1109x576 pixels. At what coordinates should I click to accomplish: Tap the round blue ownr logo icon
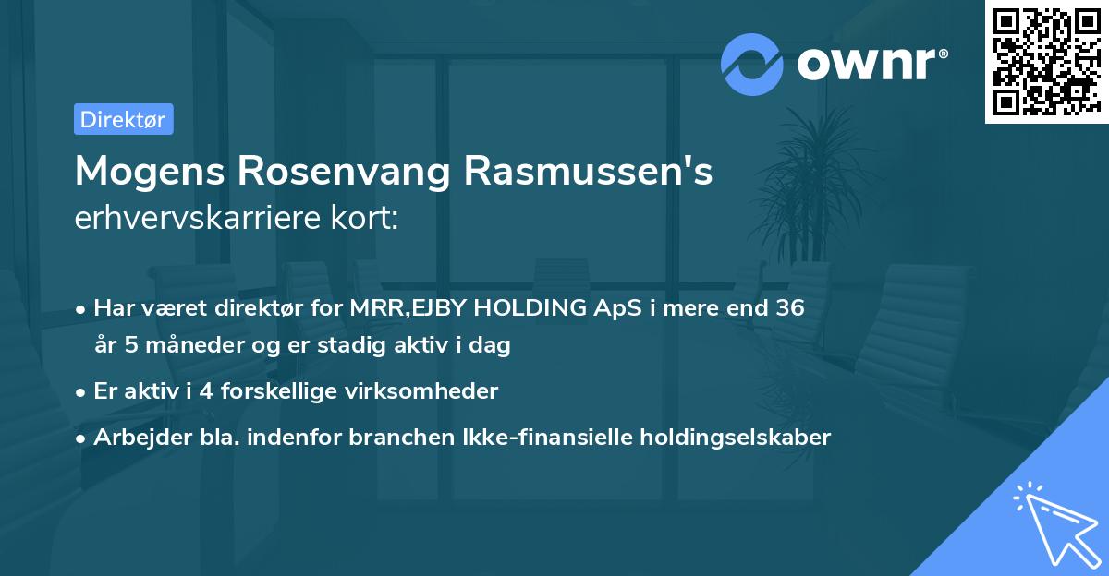tap(752, 64)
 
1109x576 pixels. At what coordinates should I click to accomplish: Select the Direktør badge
tap(123, 119)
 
